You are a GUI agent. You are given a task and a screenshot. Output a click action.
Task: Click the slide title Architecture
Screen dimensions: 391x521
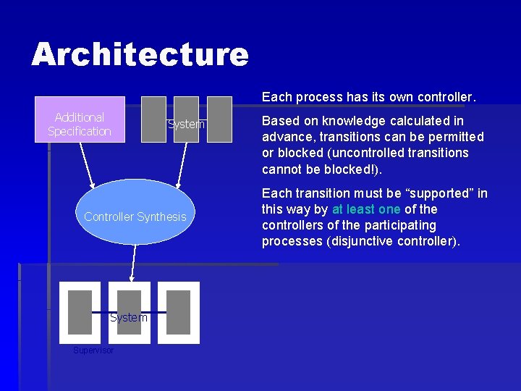point(140,54)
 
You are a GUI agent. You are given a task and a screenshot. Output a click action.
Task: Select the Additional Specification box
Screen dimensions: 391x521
point(80,119)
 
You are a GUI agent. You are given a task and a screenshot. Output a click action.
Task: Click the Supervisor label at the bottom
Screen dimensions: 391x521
point(93,350)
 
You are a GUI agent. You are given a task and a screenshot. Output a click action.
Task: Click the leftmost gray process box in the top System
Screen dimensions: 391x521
point(152,119)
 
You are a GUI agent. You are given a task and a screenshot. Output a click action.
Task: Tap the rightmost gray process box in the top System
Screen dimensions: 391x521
point(219,119)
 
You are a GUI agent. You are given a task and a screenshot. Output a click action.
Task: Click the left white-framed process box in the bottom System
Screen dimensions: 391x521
point(80,312)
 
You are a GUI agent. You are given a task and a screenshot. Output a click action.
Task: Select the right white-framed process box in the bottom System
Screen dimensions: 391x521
point(178,312)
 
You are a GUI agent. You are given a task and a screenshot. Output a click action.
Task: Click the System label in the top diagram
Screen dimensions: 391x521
point(186,125)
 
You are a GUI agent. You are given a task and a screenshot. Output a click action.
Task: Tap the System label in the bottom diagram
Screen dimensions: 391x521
point(129,318)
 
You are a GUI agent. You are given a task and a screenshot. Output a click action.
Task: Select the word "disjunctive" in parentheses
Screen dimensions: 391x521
point(360,241)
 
